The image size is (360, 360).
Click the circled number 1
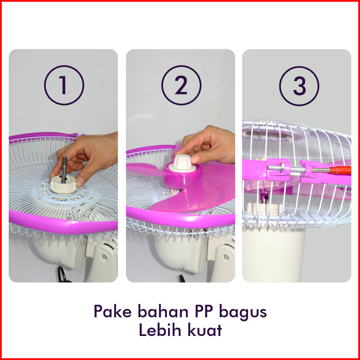[64, 85]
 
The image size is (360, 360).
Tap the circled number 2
[181, 85]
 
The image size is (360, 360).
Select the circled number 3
[299, 86]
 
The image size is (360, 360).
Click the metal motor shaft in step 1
[64, 169]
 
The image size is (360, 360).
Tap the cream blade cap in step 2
[182, 164]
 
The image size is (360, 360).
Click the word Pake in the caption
[112, 311]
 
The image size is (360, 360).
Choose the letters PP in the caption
[204, 311]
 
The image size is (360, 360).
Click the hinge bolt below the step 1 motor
[104, 257]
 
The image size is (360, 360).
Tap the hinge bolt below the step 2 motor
[226, 257]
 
